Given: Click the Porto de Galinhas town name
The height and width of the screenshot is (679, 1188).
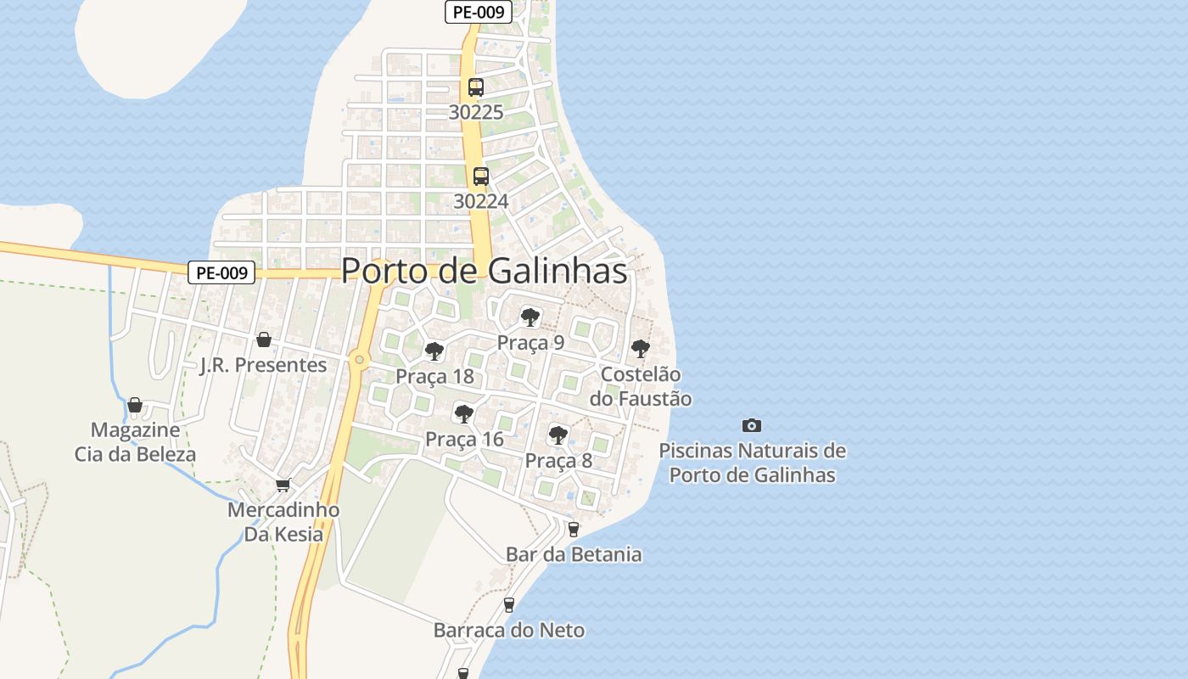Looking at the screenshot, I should [x=484, y=271].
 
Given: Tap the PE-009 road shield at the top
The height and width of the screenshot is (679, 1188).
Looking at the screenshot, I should [x=477, y=12].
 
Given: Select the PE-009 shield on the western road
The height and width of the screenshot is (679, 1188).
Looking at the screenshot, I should [x=221, y=272].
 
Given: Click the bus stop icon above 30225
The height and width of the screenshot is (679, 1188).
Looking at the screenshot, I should [x=476, y=87].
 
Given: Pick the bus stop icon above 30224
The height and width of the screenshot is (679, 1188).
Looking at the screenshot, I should [x=481, y=176].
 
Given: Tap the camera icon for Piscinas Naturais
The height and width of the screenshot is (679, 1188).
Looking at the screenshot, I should [x=751, y=425].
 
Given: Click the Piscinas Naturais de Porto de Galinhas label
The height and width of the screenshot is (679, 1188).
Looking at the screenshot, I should [x=752, y=463].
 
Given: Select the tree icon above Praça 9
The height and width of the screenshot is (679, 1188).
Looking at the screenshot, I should [x=530, y=317].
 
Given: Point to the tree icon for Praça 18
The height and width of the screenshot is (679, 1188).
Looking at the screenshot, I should [x=434, y=351].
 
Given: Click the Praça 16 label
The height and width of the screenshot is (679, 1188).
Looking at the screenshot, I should [x=464, y=439].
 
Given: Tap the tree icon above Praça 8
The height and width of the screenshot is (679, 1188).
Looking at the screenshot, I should [x=558, y=435].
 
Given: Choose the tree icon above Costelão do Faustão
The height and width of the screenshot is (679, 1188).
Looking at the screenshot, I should [x=641, y=348].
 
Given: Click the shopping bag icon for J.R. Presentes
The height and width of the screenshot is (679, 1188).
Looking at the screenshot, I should [x=264, y=339].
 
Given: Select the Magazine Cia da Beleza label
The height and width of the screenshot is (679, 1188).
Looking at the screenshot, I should [x=135, y=441].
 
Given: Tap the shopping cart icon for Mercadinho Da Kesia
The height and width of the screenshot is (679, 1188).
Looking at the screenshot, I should [x=283, y=485].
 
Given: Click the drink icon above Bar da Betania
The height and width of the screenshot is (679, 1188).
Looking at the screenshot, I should [x=574, y=530].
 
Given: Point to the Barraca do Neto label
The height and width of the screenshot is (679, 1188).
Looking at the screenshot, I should [x=508, y=630].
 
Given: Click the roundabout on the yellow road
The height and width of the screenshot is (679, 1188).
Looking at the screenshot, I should [x=361, y=360].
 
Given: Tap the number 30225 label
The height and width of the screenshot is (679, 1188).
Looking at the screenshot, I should [x=476, y=112].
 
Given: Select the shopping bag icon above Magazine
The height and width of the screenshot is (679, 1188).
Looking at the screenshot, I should [x=135, y=405].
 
